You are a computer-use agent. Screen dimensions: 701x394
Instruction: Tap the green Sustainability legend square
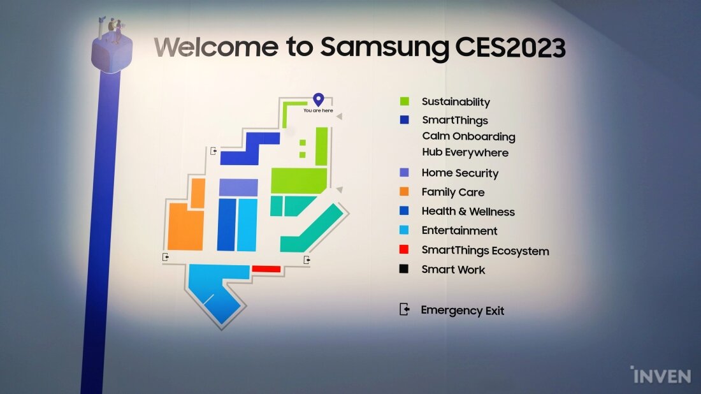click(x=405, y=101)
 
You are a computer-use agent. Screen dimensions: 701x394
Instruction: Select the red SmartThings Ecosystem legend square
click(x=403, y=249)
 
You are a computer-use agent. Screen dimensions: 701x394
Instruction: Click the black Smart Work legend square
click(x=403, y=269)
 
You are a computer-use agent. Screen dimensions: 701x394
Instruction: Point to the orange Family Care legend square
click(x=404, y=191)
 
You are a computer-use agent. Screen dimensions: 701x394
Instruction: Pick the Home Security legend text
click(x=460, y=173)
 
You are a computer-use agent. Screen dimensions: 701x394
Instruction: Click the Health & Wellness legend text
click(x=468, y=212)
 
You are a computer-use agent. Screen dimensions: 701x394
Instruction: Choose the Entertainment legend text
click(x=459, y=231)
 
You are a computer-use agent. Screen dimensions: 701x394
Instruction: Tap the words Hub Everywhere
click(x=465, y=152)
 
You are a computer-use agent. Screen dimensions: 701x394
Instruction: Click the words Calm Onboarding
click(x=468, y=136)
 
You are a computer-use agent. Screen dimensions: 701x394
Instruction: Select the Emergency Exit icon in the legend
click(x=404, y=309)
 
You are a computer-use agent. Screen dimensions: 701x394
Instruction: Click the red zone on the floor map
click(x=266, y=269)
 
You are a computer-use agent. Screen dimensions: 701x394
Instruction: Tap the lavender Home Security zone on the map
click(x=238, y=187)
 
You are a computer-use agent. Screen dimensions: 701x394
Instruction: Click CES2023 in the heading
click(x=510, y=48)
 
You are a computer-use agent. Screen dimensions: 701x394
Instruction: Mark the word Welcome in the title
click(x=216, y=47)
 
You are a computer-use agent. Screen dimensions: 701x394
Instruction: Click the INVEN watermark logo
click(x=661, y=375)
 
